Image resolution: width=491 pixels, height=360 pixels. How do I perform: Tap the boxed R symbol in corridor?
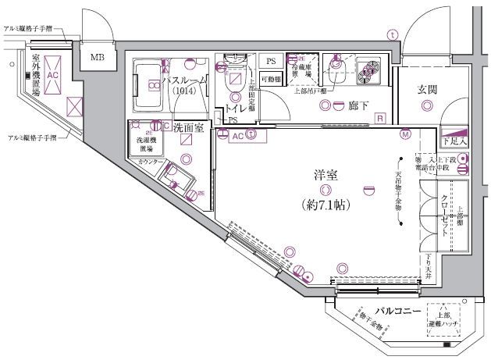tap(379, 118)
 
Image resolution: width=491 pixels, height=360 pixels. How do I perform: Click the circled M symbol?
tap(405, 135)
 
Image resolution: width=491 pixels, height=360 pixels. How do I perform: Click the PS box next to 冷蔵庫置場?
tap(270, 61)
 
